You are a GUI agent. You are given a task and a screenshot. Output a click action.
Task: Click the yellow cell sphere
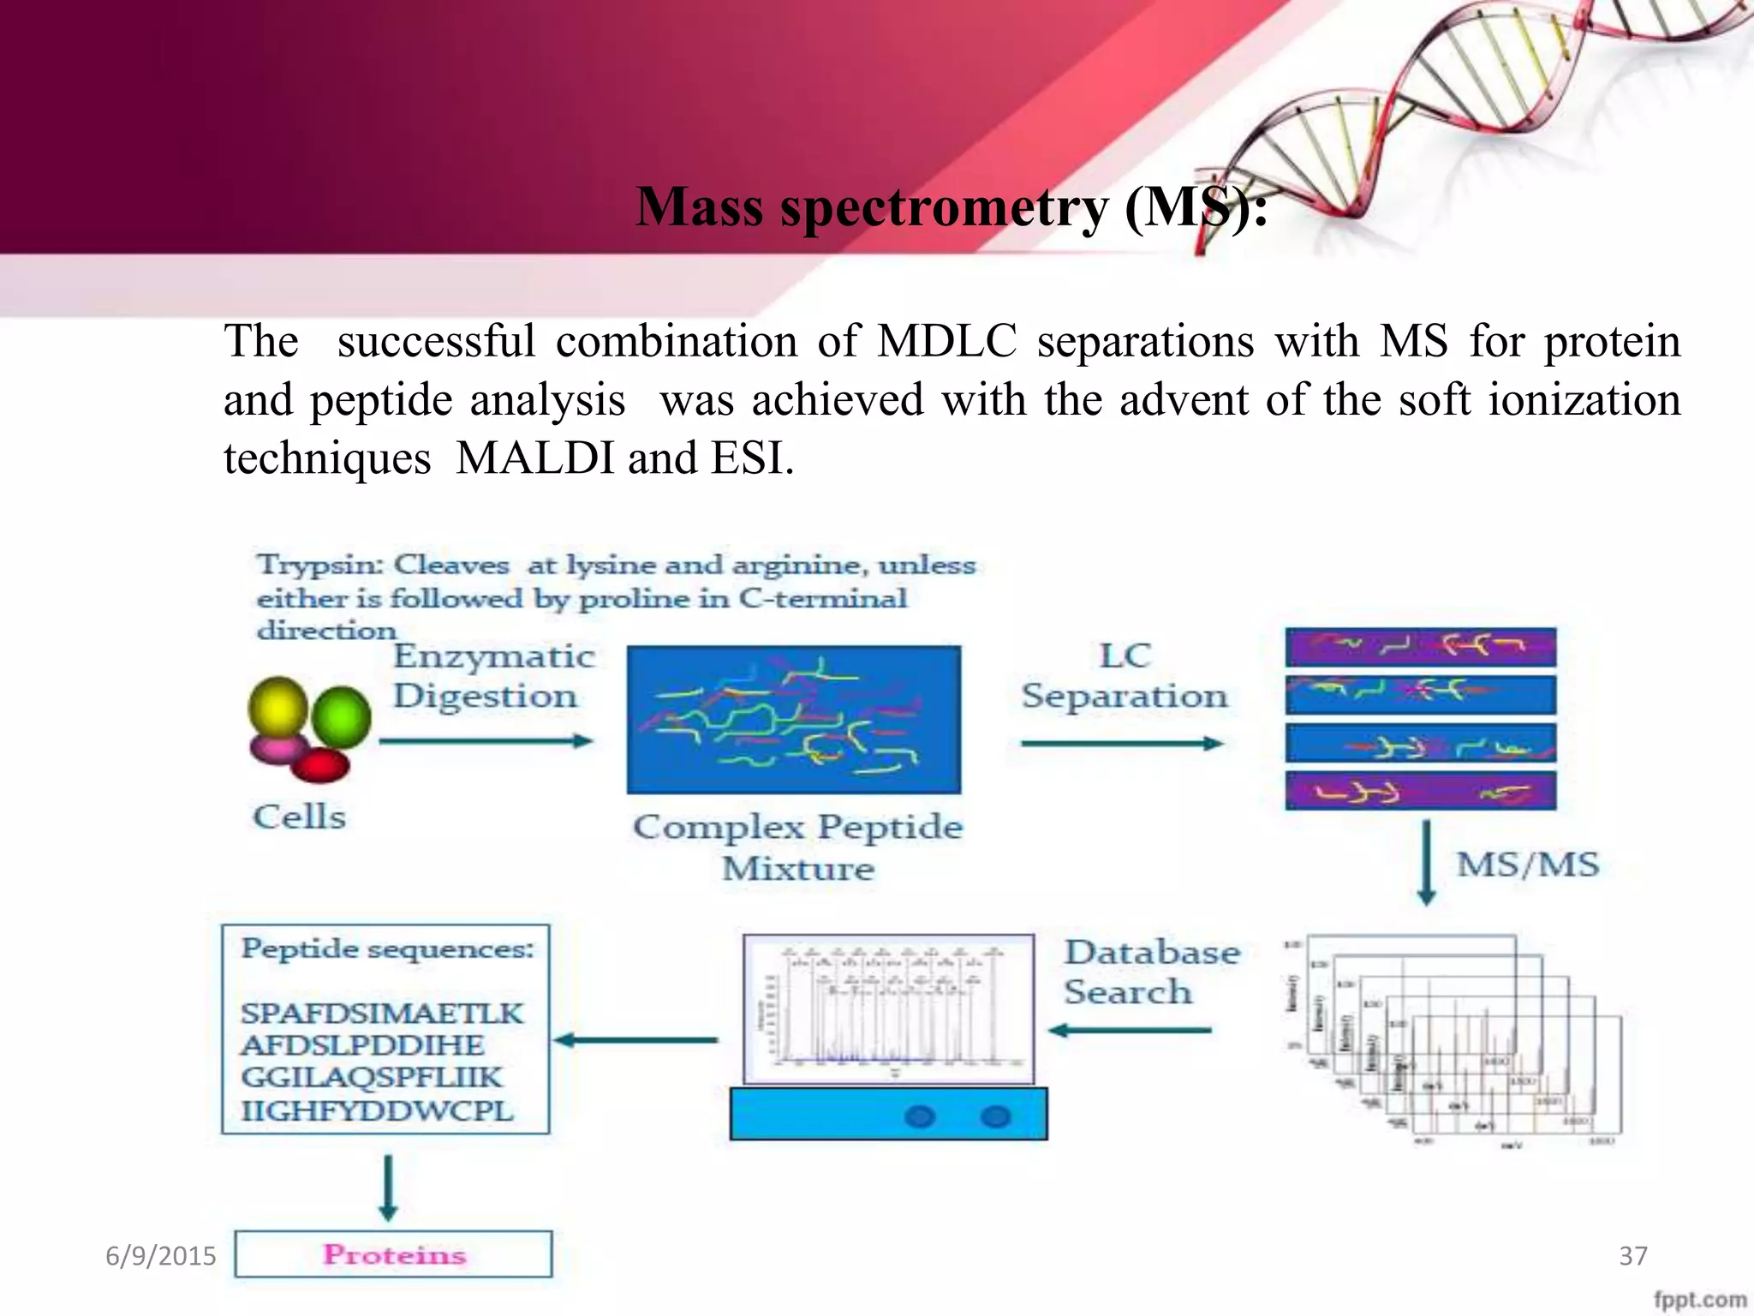pyautogui.click(x=277, y=708)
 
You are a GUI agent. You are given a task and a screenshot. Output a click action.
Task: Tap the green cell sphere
pyautogui.click(x=341, y=716)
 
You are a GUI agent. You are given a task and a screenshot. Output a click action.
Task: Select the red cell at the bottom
pyautogui.click(x=321, y=765)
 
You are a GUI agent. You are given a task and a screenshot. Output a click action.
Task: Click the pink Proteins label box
pyautogui.click(x=394, y=1254)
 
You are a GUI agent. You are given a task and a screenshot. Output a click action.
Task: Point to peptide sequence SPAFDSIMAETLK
pyautogui.click(x=381, y=1014)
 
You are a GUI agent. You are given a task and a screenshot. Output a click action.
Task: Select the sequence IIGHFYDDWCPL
pyautogui.click(x=377, y=1111)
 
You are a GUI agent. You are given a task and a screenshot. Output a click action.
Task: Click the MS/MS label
pyautogui.click(x=1528, y=864)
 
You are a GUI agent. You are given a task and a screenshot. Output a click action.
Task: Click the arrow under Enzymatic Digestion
pyautogui.click(x=486, y=741)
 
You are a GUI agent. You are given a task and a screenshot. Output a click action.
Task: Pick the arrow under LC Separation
pyautogui.click(x=1122, y=744)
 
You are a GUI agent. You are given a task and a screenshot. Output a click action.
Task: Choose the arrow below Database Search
pyautogui.click(x=1130, y=1031)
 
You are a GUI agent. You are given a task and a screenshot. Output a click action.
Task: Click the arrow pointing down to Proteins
pyautogui.click(x=388, y=1187)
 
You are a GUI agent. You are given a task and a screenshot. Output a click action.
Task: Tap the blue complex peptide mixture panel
pyautogui.click(x=794, y=720)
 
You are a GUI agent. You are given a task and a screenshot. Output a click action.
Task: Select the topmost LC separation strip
pyautogui.click(x=1420, y=647)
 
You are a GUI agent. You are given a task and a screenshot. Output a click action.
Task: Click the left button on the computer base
pyautogui.click(x=920, y=1117)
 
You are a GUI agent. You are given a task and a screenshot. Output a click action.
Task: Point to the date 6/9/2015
pyautogui.click(x=160, y=1256)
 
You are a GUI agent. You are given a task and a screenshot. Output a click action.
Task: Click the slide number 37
pyautogui.click(x=1632, y=1256)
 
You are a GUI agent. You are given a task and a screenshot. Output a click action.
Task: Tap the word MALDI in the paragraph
pyautogui.click(x=535, y=458)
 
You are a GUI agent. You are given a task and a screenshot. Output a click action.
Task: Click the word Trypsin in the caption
pyautogui.click(x=319, y=565)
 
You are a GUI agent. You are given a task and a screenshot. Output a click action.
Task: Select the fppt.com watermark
pyautogui.click(x=1700, y=1300)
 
